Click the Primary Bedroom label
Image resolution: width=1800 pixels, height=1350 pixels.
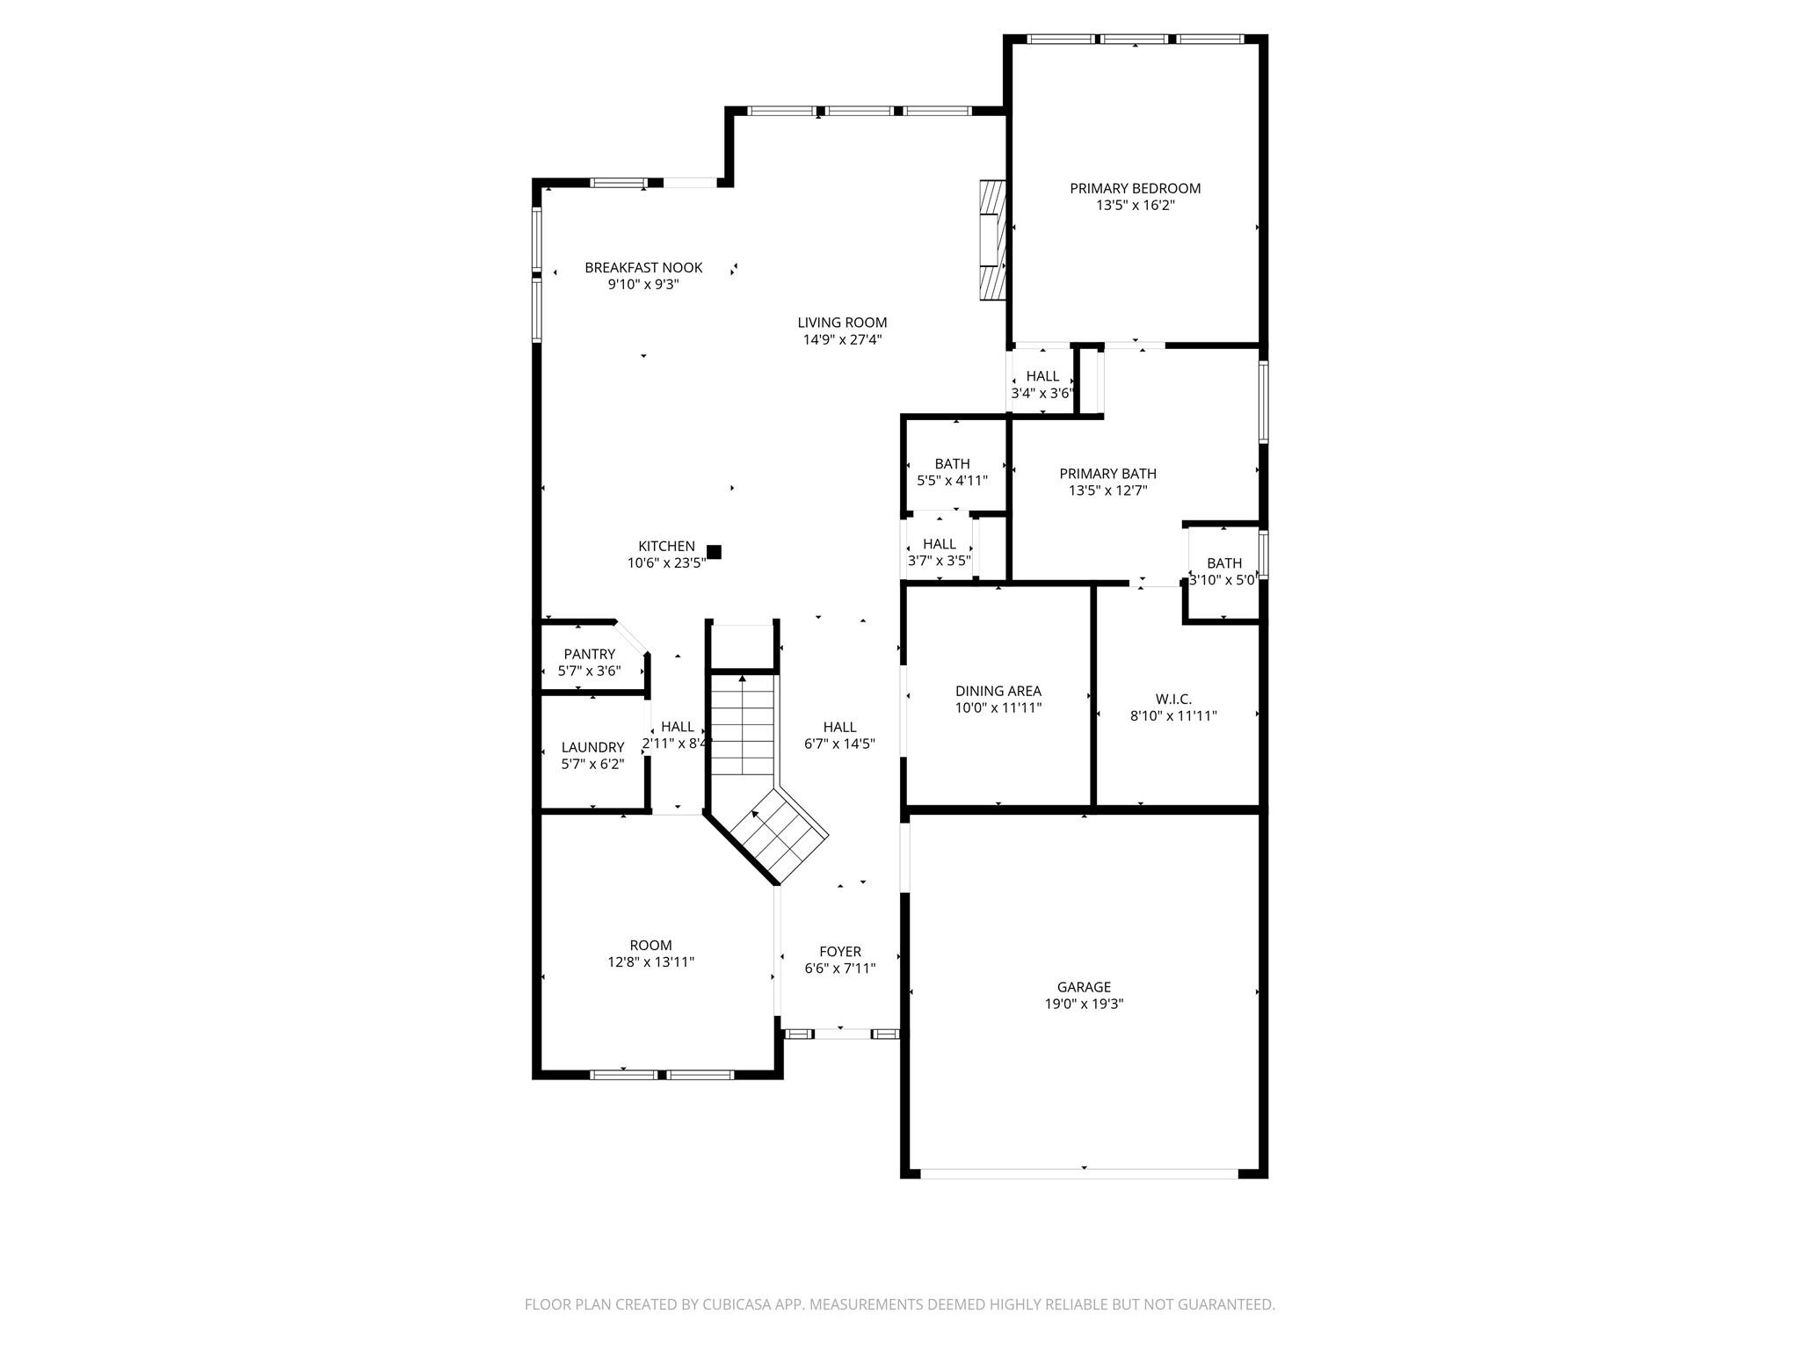pos(1135,188)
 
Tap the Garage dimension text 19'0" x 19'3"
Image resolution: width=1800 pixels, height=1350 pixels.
pos(1084,1004)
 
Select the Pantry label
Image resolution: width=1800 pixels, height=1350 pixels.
pos(589,654)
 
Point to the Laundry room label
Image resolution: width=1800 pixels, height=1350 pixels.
pos(592,747)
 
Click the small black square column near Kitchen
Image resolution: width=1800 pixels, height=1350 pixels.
pos(714,552)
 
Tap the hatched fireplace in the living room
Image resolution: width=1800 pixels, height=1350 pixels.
pos(993,241)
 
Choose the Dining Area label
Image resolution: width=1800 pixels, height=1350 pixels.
pos(998,691)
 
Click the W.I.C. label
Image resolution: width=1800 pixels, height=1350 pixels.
pos(1173,699)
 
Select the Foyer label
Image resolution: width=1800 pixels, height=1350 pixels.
pos(839,951)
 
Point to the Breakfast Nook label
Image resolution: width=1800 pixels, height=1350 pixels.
pos(643,267)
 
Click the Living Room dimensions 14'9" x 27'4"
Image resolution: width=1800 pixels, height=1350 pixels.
pos(842,339)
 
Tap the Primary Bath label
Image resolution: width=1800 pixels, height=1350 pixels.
pos(1107,474)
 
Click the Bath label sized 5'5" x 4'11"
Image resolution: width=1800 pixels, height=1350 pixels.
pos(952,463)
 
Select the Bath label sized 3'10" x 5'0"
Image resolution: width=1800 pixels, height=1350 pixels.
pos(1223,563)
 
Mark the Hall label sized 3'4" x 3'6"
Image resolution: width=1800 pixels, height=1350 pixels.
pos(1042,376)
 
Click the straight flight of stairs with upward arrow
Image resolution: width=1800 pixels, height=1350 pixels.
pos(743,724)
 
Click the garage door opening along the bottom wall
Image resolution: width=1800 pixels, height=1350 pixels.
pos(1078,1172)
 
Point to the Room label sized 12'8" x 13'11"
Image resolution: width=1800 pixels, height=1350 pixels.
pos(650,946)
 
